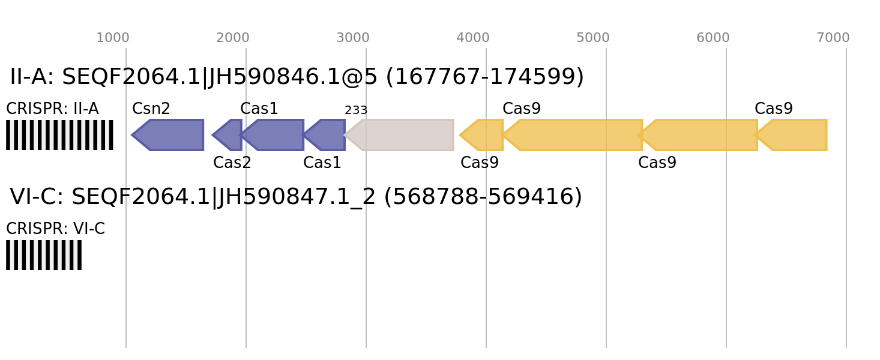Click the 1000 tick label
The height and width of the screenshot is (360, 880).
coord(112,38)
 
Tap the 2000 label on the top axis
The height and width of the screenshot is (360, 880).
coord(232,38)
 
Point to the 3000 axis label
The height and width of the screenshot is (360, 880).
coord(352,38)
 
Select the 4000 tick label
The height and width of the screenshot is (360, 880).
coord(472,38)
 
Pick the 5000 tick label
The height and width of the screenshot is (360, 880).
coord(592,38)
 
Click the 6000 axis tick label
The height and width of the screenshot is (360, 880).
coord(713,38)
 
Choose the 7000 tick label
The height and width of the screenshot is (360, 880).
coord(833,38)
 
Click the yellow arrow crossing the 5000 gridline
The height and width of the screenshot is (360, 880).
coord(576,135)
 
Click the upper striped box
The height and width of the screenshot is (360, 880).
coord(59,135)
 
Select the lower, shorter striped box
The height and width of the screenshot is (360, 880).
coord(44,255)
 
